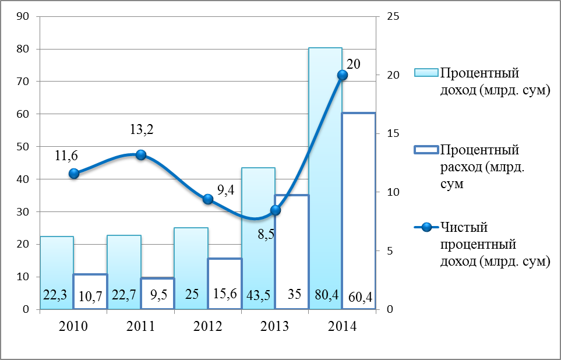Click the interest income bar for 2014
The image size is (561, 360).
325,175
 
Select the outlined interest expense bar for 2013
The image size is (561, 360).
291,250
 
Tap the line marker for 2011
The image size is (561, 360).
140,154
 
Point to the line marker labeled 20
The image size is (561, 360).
343,75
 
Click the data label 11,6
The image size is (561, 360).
66,156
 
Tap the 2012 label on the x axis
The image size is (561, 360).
207,326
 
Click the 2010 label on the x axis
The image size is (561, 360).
73,326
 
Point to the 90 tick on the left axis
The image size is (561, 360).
24,16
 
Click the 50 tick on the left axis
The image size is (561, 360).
24,147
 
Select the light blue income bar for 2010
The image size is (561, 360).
57,262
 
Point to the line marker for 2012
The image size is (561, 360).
208,199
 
